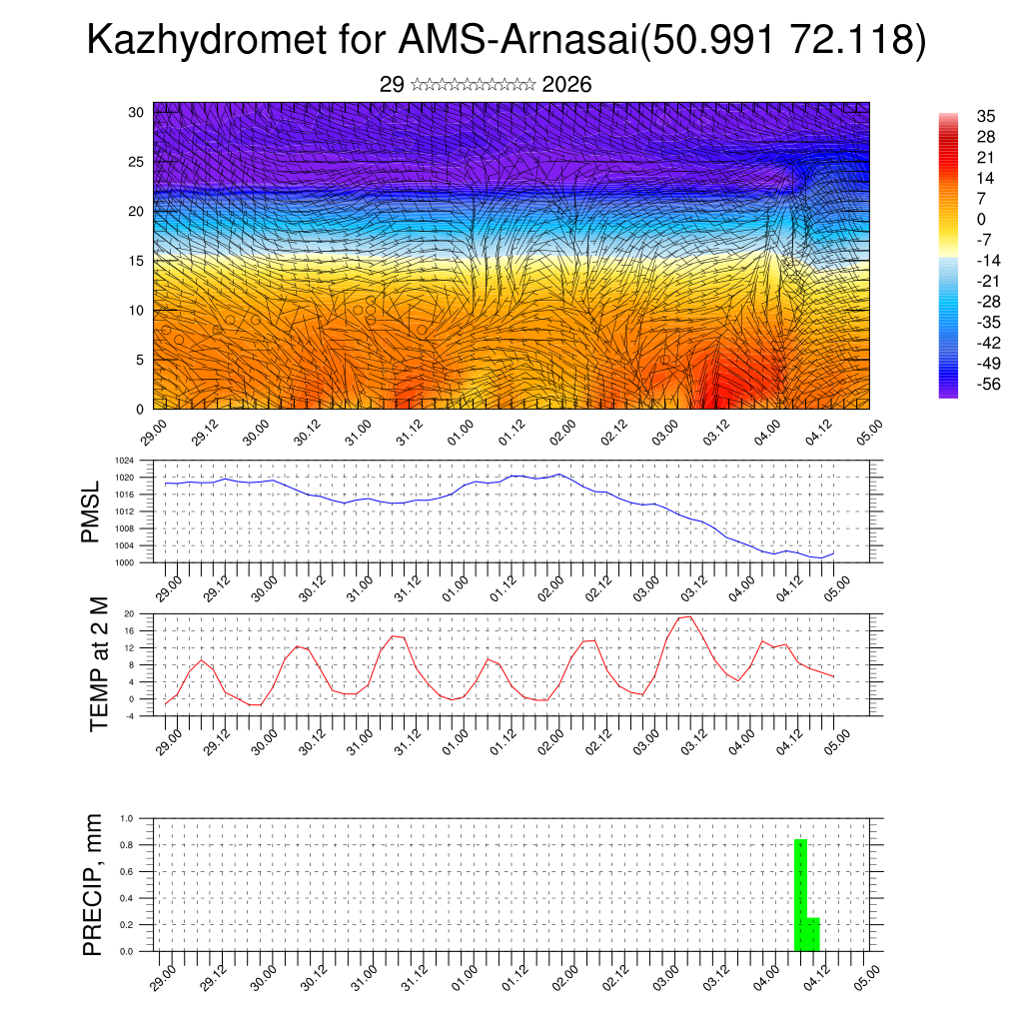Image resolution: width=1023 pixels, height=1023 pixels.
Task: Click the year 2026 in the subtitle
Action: (566, 85)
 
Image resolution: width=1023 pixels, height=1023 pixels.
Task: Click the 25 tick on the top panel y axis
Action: (137, 161)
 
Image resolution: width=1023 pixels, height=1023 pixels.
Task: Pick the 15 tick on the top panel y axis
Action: (137, 261)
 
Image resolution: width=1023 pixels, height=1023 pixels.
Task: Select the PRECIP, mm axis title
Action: (93, 884)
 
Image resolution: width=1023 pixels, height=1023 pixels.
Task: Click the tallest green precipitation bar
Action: (800, 895)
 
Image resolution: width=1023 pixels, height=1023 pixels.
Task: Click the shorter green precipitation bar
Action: (813, 934)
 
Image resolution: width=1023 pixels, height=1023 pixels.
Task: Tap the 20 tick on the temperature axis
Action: (129, 613)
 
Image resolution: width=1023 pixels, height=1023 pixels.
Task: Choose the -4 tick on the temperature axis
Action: (129, 716)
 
